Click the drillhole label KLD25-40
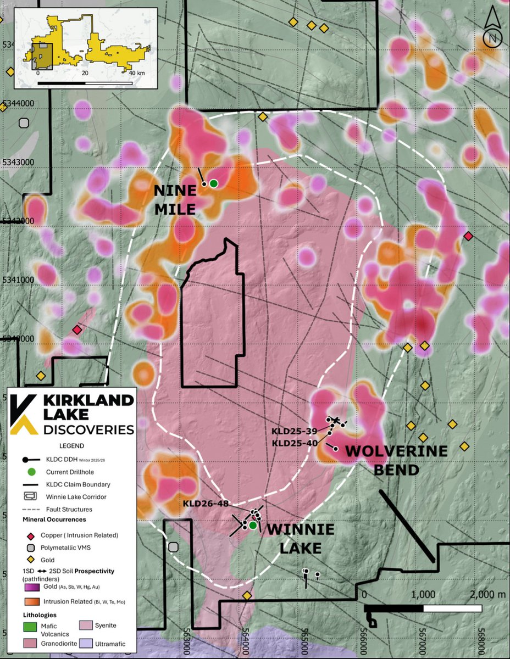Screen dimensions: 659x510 (x=295, y=443)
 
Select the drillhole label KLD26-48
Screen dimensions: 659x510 (x=206, y=502)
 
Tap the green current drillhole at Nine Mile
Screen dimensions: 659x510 (x=213, y=183)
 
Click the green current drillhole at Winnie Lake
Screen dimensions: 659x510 (x=253, y=526)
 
